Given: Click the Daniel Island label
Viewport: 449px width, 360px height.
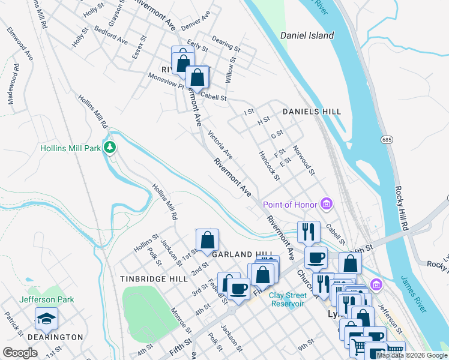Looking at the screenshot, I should tap(307, 36).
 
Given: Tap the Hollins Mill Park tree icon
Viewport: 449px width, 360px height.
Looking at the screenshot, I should tap(109, 148).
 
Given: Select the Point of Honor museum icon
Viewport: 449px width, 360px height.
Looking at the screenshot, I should tap(327, 205).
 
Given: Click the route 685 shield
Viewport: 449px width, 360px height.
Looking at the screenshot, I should tap(387, 139).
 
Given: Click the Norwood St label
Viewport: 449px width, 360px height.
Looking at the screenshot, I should tap(304, 160).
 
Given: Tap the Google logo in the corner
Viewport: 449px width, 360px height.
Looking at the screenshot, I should tap(20, 353).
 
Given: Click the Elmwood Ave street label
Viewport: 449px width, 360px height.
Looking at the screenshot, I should tap(19, 43).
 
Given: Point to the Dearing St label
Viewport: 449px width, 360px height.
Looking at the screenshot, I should tap(226, 46).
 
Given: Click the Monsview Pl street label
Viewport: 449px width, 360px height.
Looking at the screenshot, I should tap(166, 82).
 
